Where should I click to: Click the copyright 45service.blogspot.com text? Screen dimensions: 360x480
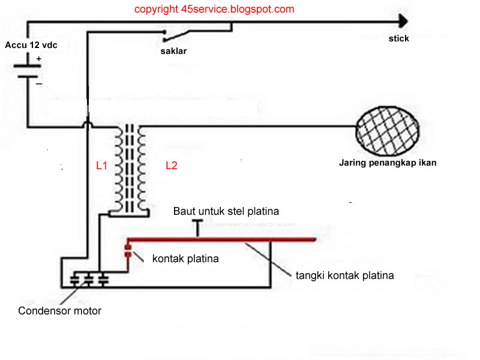(214, 9)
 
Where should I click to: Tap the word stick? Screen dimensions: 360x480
(398, 38)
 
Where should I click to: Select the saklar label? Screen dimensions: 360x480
(173, 51)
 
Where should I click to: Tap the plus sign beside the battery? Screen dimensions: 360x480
(38, 59)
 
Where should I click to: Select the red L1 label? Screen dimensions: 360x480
(101, 166)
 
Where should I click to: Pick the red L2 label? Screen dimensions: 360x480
(172, 166)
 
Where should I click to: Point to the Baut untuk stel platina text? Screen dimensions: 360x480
(226, 211)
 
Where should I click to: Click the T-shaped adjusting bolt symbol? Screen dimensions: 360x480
(197, 226)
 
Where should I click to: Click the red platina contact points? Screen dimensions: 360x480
(127, 251)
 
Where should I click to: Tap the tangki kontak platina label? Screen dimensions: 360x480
(345, 275)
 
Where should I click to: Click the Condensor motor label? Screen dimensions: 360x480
(60, 311)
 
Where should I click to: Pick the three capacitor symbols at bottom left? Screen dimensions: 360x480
(89, 279)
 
